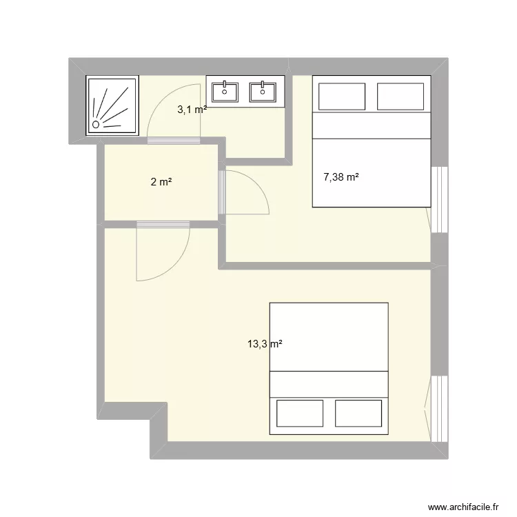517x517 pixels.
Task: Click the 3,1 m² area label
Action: (192, 110)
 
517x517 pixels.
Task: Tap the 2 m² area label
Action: (161, 182)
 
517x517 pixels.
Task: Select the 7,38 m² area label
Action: (341, 177)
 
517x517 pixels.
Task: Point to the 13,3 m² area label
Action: (265, 344)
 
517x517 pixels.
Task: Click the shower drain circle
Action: (96, 124)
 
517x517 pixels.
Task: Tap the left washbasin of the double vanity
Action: (225, 92)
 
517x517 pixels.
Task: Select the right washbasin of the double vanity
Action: (263, 92)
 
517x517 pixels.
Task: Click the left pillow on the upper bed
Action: (342, 97)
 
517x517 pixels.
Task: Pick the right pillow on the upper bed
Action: (401, 97)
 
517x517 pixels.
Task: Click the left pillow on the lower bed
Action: (300, 413)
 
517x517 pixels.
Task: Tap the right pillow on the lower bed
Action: (358, 413)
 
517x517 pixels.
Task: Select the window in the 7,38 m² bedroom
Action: (440, 200)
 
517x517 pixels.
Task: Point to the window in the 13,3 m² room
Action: (440, 409)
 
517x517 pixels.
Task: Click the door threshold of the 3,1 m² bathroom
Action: (174, 141)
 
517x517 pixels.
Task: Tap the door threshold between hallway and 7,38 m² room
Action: (222, 192)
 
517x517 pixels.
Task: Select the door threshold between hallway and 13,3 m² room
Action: (163, 225)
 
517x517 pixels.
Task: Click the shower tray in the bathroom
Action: (112, 105)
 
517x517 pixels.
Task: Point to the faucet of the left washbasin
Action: (225, 85)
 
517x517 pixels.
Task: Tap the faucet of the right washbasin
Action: (263, 85)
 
